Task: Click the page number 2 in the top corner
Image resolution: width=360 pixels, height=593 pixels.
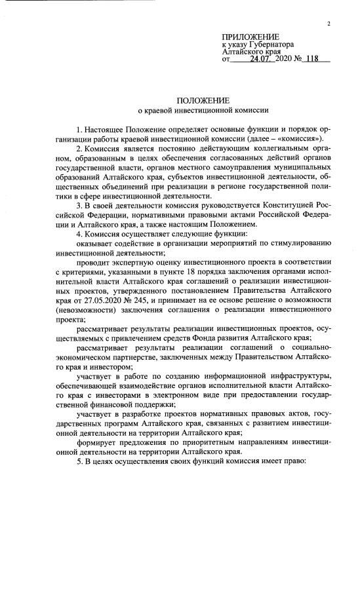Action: (328, 24)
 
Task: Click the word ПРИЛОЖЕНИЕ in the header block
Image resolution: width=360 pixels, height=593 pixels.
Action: (250, 36)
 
